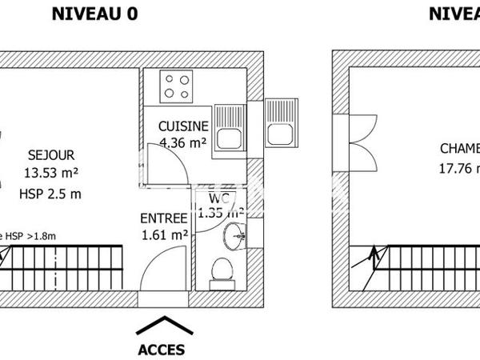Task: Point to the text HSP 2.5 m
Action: (x=50, y=193)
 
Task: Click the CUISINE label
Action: (x=183, y=126)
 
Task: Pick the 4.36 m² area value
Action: (x=182, y=143)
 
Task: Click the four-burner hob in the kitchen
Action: (x=177, y=86)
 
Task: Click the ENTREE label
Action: (x=164, y=218)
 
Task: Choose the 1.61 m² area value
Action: (x=164, y=235)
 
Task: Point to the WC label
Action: (x=219, y=198)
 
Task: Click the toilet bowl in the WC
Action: (x=219, y=272)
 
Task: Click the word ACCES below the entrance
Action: (x=162, y=350)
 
